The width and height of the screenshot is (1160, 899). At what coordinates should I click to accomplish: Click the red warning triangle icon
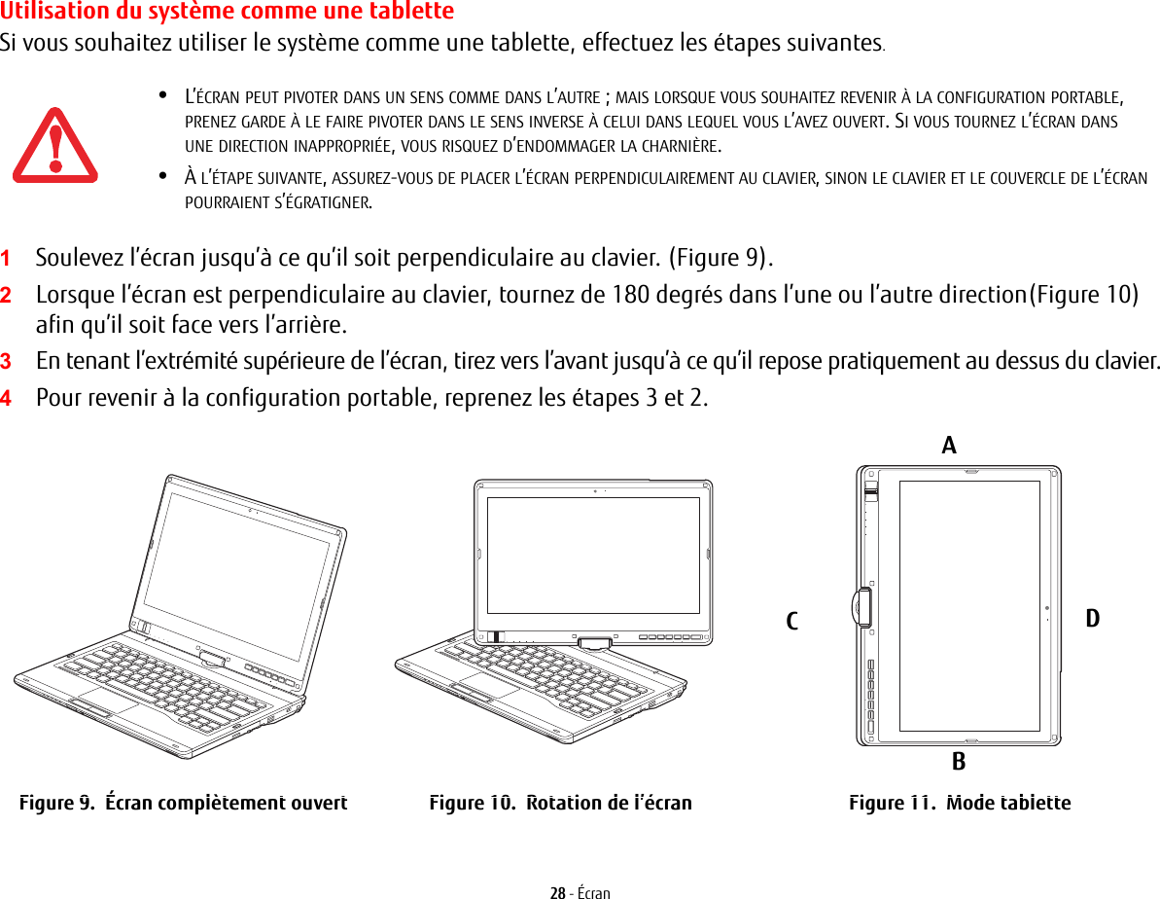(54, 146)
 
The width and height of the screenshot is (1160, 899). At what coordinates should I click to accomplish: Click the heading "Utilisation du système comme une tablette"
(227, 12)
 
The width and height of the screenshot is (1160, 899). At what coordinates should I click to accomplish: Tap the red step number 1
(7, 260)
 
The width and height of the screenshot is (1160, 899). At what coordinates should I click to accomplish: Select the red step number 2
(7, 295)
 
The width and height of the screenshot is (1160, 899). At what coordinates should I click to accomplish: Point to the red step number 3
(7, 362)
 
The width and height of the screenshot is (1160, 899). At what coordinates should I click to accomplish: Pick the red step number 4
(7, 399)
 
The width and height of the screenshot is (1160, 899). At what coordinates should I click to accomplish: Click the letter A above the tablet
(949, 446)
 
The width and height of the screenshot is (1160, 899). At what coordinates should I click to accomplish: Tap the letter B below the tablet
(959, 762)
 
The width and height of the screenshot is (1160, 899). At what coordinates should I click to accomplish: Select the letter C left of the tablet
(792, 621)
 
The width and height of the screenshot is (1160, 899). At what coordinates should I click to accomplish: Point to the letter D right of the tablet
(1093, 619)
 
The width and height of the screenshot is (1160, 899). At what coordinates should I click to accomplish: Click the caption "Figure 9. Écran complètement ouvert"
(184, 804)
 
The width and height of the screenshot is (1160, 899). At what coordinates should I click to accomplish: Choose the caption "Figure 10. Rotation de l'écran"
(561, 804)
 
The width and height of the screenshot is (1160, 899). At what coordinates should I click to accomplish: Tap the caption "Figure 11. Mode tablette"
(960, 804)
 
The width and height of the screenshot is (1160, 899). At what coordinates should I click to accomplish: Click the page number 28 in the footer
(557, 892)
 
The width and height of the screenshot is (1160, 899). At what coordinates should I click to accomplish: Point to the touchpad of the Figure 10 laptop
(488, 684)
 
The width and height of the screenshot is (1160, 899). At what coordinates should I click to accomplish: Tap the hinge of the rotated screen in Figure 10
(592, 642)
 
